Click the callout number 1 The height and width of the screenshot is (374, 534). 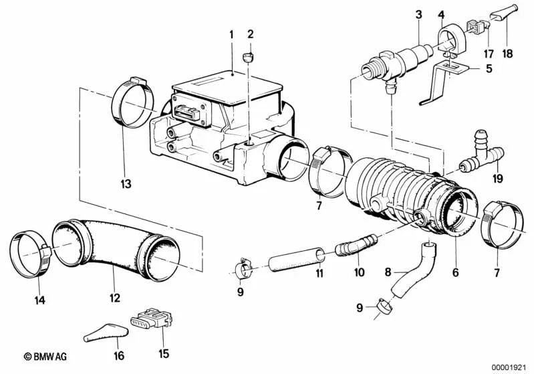pos(232,33)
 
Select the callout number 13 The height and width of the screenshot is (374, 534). pos(126,183)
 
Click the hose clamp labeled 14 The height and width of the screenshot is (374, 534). pos(29,252)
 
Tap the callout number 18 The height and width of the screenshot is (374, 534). pos(505,52)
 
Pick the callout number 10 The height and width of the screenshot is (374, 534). pos(359,272)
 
